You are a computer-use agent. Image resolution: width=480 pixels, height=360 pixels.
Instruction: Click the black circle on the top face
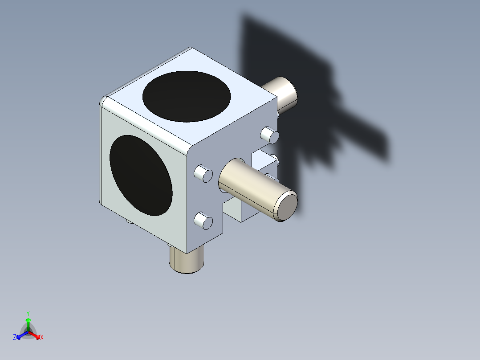pyautogui.click(x=187, y=96)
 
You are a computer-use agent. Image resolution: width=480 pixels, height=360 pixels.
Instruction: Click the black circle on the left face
pyautogui.click(x=141, y=176)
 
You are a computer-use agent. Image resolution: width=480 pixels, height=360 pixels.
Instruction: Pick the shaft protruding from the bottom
pyautogui.click(x=187, y=261)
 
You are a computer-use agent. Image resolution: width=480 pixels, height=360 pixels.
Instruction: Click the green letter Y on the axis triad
pyautogui.click(x=28, y=313)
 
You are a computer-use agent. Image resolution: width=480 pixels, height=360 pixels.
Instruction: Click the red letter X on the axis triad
pyautogui.click(x=42, y=338)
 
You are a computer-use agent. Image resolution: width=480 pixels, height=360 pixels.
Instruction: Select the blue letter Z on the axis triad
pyautogui.click(x=15, y=338)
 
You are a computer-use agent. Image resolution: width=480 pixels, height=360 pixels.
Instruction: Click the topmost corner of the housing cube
pyautogui.click(x=191, y=48)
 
